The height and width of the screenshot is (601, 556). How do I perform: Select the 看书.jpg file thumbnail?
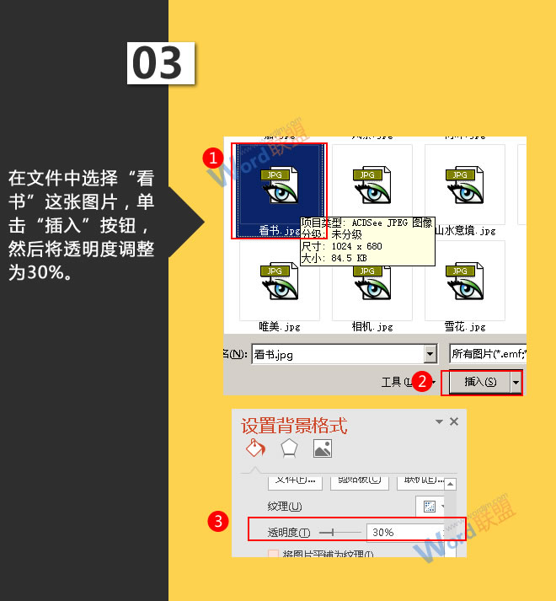tap(280, 187)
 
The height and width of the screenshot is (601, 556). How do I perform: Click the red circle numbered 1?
tap(214, 157)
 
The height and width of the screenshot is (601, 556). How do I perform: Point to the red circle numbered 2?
tap(423, 382)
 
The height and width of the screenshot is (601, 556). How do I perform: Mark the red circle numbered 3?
tap(218, 522)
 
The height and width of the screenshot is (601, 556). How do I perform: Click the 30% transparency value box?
tap(404, 532)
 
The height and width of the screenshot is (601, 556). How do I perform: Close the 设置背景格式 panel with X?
tap(454, 421)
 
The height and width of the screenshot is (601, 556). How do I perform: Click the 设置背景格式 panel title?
tap(294, 426)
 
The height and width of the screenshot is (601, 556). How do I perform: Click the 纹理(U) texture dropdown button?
tap(431, 507)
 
